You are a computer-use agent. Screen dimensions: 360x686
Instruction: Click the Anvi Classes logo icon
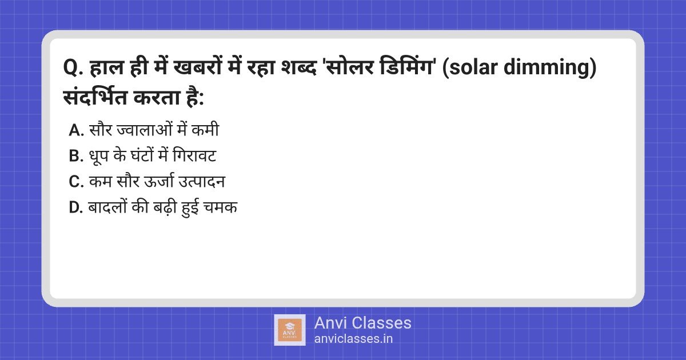tap(290, 330)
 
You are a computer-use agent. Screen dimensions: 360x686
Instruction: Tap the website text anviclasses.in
tap(353, 339)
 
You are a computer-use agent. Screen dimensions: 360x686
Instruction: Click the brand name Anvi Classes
tap(362, 323)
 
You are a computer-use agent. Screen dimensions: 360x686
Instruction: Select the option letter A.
tap(76, 131)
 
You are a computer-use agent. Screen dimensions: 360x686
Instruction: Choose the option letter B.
tap(76, 157)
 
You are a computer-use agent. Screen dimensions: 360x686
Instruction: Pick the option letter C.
tap(76, 182)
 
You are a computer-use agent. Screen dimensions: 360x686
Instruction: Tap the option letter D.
tap(76, 208)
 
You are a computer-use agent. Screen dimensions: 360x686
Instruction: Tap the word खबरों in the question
tap(193, 71)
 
